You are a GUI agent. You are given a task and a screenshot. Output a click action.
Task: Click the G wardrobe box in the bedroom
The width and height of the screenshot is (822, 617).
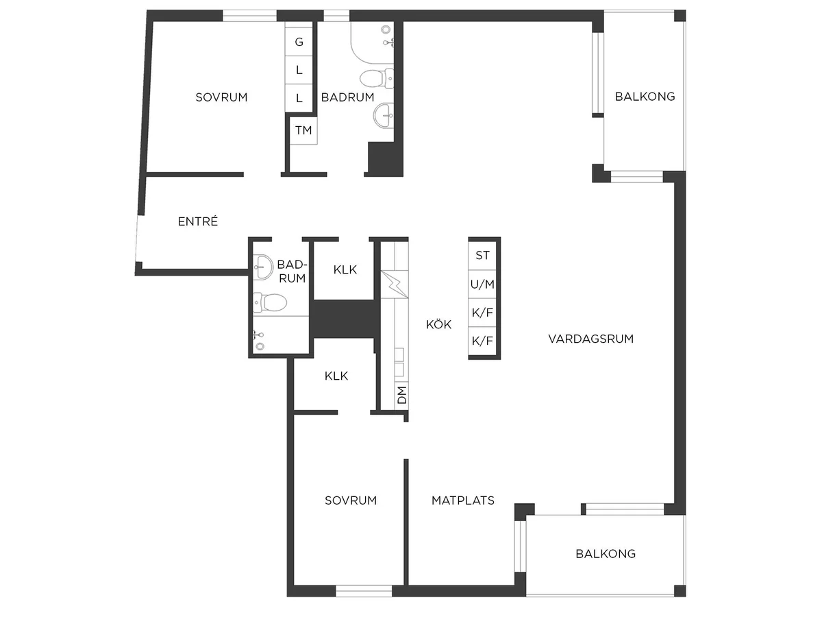[x=299, y=42]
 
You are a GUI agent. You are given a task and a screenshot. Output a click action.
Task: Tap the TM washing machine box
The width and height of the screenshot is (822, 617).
[x=303, y=130]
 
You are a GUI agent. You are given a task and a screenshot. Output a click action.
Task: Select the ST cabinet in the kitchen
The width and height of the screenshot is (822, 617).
[x=482, y=256]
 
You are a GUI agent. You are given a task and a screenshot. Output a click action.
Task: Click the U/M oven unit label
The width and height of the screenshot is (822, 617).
[x=482, y=285]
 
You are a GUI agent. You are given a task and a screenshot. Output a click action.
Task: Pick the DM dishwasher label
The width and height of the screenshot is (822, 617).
[x=401, y=395]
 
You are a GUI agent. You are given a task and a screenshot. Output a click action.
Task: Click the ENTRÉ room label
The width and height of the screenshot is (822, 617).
[x=198, y=221]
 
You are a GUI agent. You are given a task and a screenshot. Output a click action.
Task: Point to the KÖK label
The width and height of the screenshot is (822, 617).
[x=438, y=324]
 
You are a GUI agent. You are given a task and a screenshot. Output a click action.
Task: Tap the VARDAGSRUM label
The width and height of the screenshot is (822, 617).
[x=591, y=339]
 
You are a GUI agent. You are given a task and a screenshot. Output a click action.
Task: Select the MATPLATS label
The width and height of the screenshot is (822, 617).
[x=463, y=500]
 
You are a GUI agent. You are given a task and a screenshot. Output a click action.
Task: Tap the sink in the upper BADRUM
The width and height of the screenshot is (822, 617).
[x=384, y=115]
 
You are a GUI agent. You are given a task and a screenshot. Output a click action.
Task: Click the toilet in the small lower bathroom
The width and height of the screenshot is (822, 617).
[x=270, y=302]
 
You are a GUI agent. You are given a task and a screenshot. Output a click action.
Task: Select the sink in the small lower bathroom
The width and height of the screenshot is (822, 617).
[x=263, y=267]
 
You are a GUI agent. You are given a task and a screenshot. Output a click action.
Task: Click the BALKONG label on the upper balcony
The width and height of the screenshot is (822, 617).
[x=645, y=97]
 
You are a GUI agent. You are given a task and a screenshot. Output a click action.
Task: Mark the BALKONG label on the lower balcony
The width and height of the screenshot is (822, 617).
[x=606, y=554]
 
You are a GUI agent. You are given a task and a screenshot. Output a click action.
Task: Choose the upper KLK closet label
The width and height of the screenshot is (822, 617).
[x=345, y=269]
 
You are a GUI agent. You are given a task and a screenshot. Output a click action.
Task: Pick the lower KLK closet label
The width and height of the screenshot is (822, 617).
[x=336, y=376]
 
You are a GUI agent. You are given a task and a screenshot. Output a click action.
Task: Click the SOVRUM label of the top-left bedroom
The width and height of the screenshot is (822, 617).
[x=221, y=97]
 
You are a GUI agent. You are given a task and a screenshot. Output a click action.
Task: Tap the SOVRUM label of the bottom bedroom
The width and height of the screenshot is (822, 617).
[x=351, y=500]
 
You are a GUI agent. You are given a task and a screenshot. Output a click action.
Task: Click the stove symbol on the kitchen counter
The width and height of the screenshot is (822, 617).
[x=395, y=285]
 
